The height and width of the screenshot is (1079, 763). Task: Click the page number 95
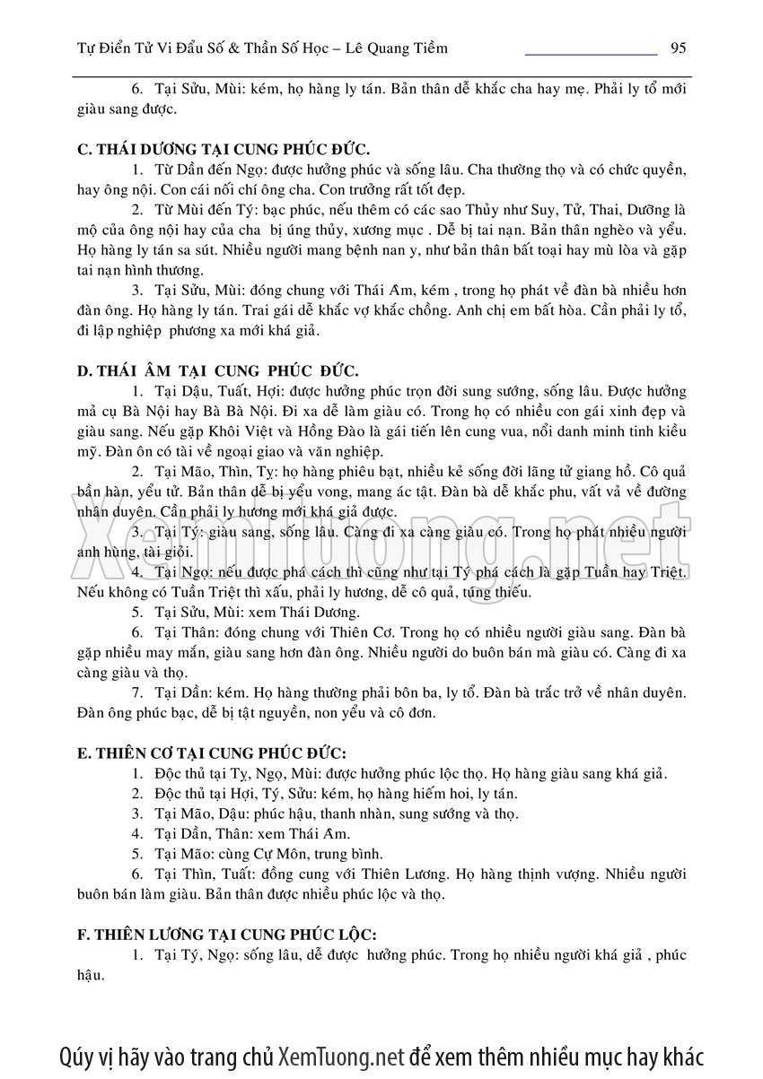[679, 48]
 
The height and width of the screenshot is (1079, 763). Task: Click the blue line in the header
[591, 54]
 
